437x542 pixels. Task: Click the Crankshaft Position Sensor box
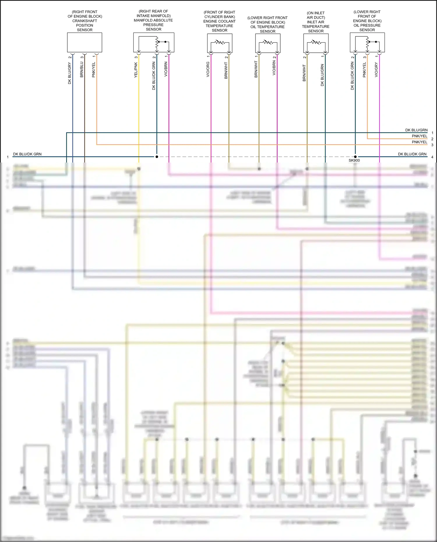pyautogui.click(x=84, y=43)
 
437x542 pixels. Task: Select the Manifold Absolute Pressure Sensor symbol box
pyautogui.click(x=154, y=43)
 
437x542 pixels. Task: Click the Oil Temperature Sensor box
pyautogui.click(x=268, y=43)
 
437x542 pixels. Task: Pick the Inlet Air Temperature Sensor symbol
pyautogui.click(x=316, y=43)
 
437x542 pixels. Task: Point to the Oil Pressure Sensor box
pyautogui.click(x=367, y=43)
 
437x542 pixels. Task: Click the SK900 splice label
pyautogui.click(x=354, y=160)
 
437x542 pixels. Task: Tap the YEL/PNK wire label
pyautogui.click(x=136, y=70)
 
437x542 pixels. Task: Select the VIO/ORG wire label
pyautogui.click(x=208, y=69)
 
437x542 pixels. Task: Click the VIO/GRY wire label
pyautogui.click(x=376, y=70)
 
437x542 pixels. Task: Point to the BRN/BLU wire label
pyautogui.click(x=82, y=69)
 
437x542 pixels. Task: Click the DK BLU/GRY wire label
pyautogui.click(x=70, y=73)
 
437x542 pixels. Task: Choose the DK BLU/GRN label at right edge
pyautogui.click(x=416, y=130)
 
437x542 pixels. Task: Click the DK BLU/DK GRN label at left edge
pyautogui.click(x=27, y=154)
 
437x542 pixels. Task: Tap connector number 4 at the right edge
pyautogui.click(x=432, y=157)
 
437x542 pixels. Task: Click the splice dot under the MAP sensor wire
pyautogui.click(x=157, y=157)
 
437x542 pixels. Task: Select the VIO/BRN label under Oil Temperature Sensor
pyautogui.click(x=274, y=68)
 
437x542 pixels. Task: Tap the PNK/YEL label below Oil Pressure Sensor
pyautogui.click(x=364, y=70)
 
